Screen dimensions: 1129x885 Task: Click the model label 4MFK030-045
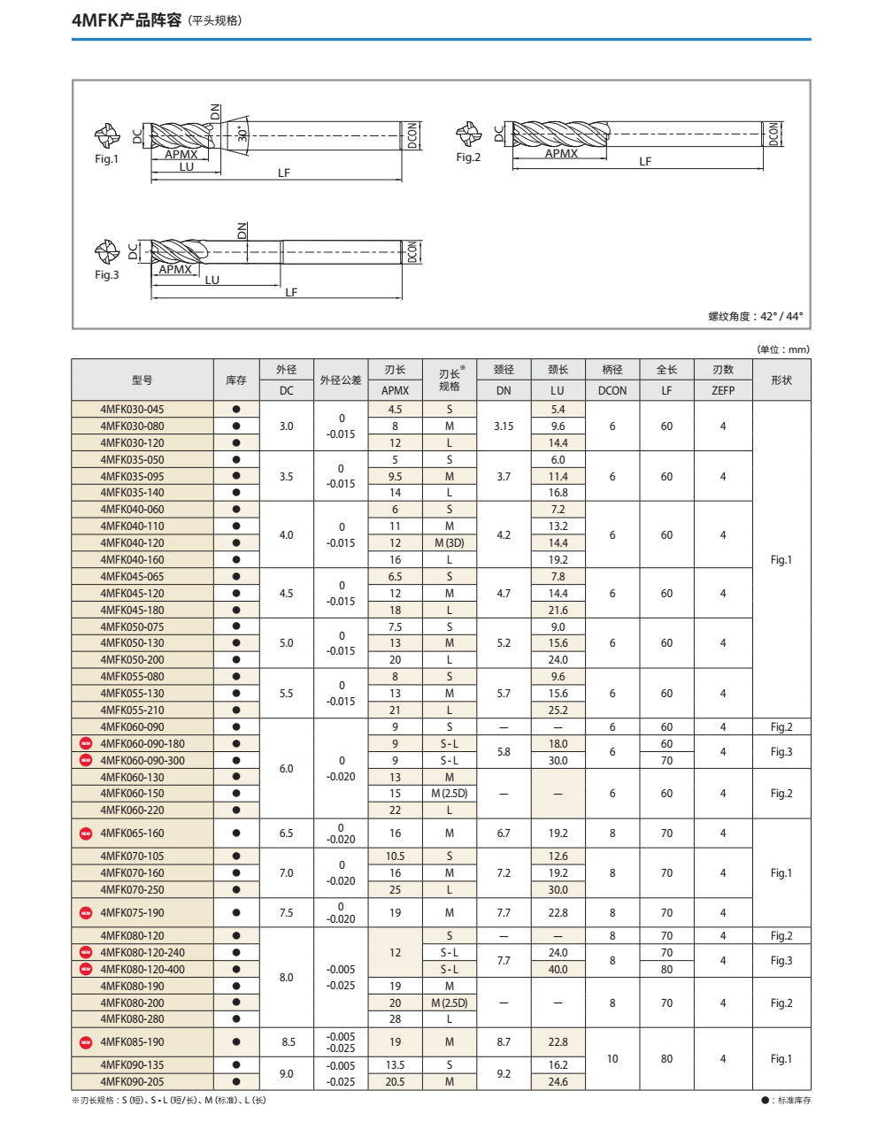coord(132,410)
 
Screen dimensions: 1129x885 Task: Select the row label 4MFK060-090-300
coord(142,761)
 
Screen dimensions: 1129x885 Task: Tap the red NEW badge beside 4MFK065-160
coord(86,833)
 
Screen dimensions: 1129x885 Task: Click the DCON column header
coord(612,390)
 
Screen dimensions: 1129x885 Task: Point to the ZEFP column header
coord(723,390)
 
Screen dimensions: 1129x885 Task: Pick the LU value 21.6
coord(558,611)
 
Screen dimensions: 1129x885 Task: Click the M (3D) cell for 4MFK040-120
coord(450,543)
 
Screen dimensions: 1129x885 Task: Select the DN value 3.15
coord(504,426)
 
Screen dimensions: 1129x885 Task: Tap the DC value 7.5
coord(287,913)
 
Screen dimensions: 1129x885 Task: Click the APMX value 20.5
coord(395,1082)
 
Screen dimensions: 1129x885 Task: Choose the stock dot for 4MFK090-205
coord(236,1082)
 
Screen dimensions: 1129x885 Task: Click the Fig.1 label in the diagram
coord(106,159)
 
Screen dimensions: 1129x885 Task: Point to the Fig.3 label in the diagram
coord(106,275)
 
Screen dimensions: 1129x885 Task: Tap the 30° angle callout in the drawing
coord(242,134)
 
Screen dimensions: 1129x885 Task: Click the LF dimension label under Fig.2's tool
coord(645,162)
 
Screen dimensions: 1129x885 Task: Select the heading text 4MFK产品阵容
coord(127,19)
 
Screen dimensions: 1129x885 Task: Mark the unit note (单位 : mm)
coord(783,349)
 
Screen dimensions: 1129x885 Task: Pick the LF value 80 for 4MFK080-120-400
coord(666,970)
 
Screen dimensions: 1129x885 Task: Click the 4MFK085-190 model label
coord(132,1042)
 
